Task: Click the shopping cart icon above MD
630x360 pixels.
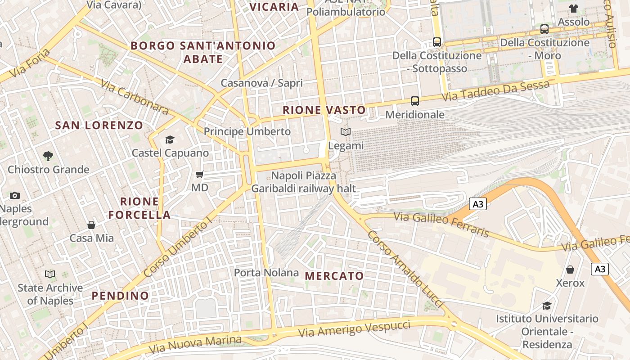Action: [x=200, y=174]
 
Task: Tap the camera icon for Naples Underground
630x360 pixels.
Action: [x=15, y=195]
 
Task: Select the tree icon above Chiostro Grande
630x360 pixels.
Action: [x=48, y=156]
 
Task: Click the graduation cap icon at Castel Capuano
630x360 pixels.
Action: [x=170, y=139]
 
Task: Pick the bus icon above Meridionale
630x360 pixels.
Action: [x=415, y=101]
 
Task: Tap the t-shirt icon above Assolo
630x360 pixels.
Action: [x=573, y=9]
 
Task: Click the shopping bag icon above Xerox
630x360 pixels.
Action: [x=570, y=270]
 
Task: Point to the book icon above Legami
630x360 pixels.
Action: [x=346, y=132]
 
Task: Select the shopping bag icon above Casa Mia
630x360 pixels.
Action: [x=91, y=225]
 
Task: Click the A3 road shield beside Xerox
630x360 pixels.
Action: [x=600, y=269]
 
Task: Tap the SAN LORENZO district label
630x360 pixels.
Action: [x=99, y=126]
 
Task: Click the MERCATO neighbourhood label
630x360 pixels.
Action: [x=334, y=276]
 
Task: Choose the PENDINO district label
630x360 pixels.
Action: [x=120, y=296]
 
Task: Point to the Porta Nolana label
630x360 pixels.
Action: [x=266, y=273]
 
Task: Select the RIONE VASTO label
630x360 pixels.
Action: [x=324, y=110]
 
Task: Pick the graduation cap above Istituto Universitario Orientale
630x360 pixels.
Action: [x=547, y=306]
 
